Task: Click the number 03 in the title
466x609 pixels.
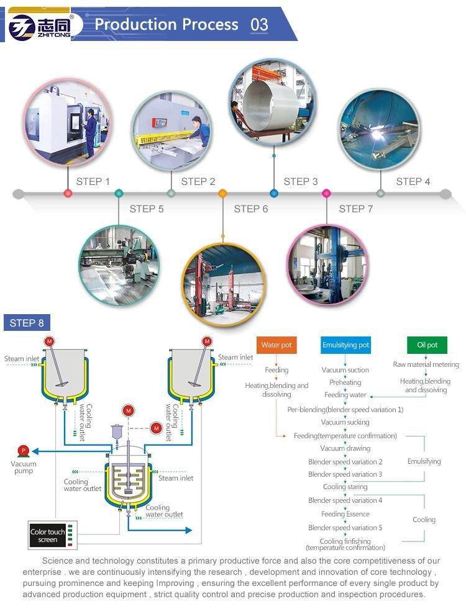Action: (259, 25)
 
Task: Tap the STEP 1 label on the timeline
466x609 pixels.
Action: (93, 181)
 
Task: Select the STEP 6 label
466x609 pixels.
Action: (251, 209)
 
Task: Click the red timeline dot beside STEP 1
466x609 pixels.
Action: (68, 194)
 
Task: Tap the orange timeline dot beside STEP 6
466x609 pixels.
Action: (222, 194)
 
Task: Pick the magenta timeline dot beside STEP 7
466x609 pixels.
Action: (326, 194)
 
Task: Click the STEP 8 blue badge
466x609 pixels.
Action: (27, 323)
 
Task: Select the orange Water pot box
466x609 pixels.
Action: (276, 345)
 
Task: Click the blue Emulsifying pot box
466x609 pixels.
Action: (345, 345)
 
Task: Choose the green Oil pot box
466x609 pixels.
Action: (427, 345)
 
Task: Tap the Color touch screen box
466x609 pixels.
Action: (48, 536)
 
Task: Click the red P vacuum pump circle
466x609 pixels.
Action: (23, 450)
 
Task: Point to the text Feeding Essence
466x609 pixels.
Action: (345, 514)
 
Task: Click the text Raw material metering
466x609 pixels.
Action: (426, 364)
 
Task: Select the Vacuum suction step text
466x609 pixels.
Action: (345, 370)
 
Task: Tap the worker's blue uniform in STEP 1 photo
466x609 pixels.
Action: (91, 129)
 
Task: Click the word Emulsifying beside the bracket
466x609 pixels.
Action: (424, 461)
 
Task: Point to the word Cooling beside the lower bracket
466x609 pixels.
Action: (424, 520)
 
